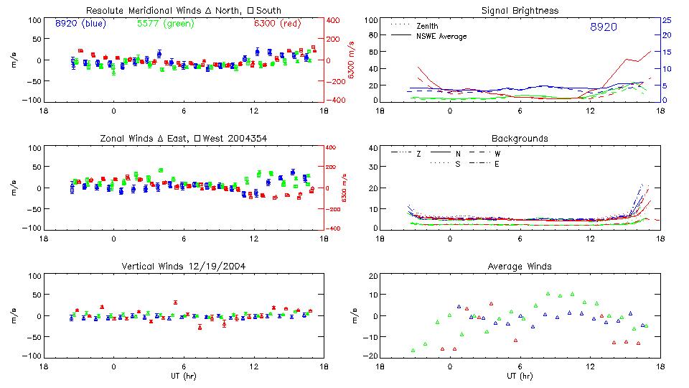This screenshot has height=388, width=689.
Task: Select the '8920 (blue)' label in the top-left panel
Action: [x=80, y=24]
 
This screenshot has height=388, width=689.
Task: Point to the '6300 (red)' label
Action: [x=277, y=24]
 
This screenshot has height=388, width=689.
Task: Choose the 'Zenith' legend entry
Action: [x=428, y=26]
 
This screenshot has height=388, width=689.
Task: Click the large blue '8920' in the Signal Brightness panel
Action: [x=603, y=27]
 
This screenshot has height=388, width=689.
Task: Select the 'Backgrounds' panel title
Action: [x=520, y=138]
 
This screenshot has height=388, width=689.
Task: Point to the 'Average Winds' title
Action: [x=520, y=267]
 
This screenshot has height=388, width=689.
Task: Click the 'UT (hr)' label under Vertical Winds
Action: [x=184, y=375]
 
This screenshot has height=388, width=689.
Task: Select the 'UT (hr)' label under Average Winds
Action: [x=520, y=375]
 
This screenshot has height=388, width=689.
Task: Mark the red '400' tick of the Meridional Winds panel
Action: [x=334, y=20]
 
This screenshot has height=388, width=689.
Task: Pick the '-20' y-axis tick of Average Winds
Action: [x=370, y=356]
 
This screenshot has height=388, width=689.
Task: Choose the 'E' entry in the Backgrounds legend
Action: [x=497, y=164]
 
